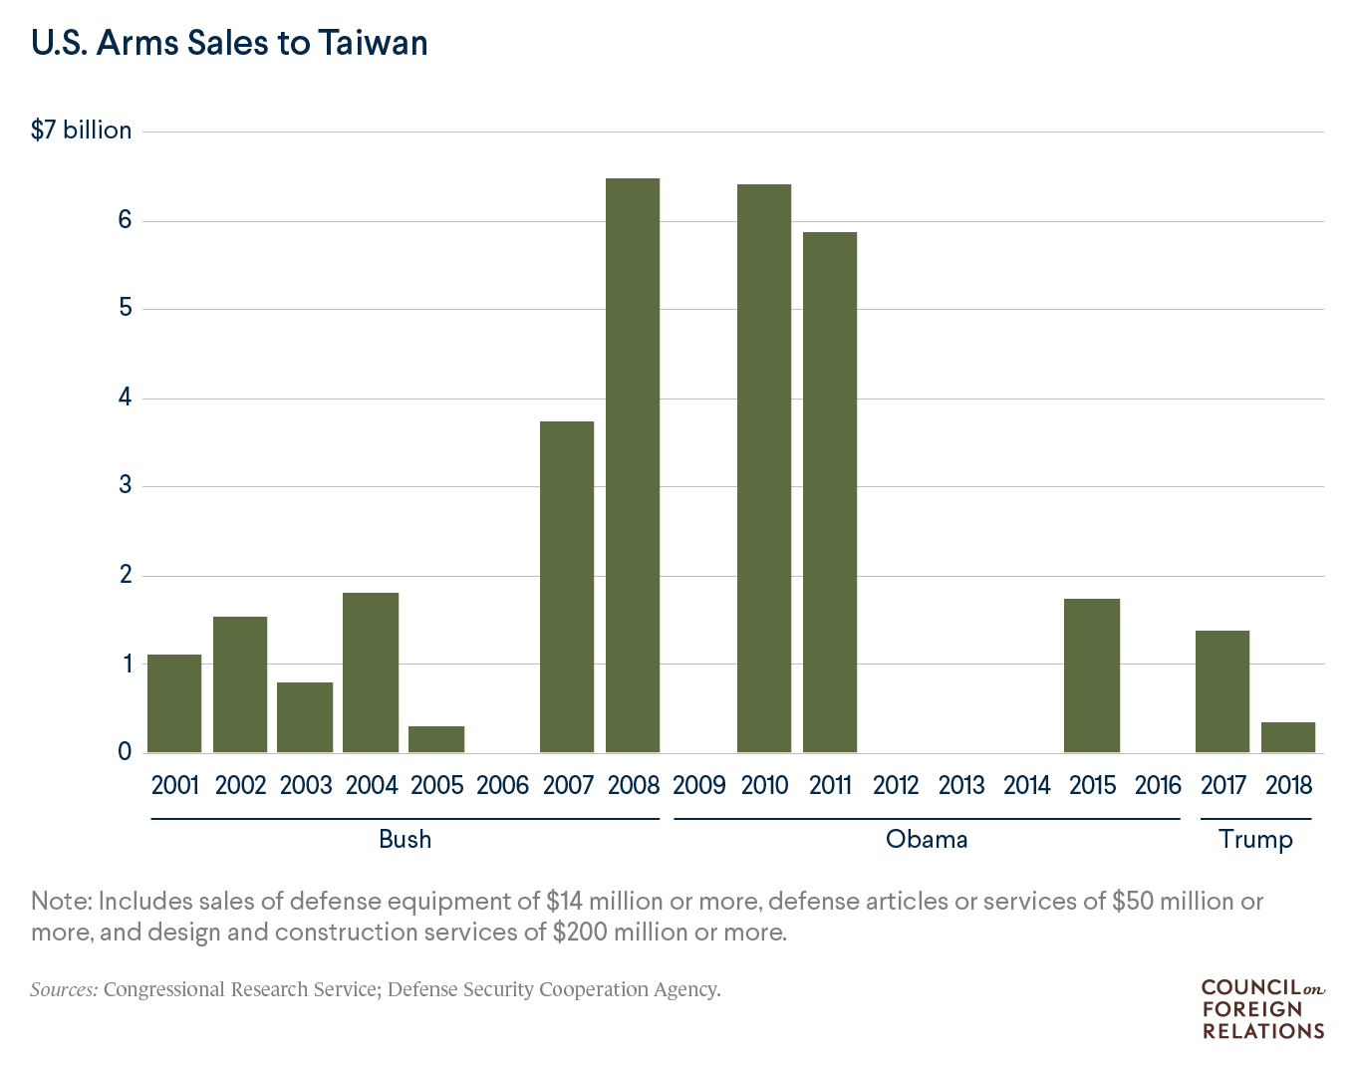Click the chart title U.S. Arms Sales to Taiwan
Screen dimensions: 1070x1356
(229, 43)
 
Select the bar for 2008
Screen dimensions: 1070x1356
(633, 465)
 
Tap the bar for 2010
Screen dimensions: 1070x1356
(764, 468)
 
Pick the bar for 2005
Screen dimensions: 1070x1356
(436, 739)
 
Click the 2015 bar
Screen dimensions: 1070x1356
(1092, 675)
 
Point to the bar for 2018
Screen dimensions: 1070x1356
(1288, 737)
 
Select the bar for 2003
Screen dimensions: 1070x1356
(305, 717)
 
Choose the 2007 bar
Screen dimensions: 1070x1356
(567, 587)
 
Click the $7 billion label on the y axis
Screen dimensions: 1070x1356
(81, 131)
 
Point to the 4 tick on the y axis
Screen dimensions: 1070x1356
(125, 398)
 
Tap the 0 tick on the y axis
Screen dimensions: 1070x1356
(125, 752)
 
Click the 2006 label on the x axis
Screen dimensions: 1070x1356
(502, 786)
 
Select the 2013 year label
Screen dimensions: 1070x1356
(961, 786)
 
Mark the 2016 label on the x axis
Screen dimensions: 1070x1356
(1158, 786)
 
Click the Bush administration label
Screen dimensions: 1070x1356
(405, 839)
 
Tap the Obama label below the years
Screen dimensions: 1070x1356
(927, 839)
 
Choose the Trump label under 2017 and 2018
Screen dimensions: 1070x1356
(1255, 839)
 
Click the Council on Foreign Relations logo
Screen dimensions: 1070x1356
(1262, 1009)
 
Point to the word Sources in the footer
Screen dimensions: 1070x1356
(64, 989)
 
